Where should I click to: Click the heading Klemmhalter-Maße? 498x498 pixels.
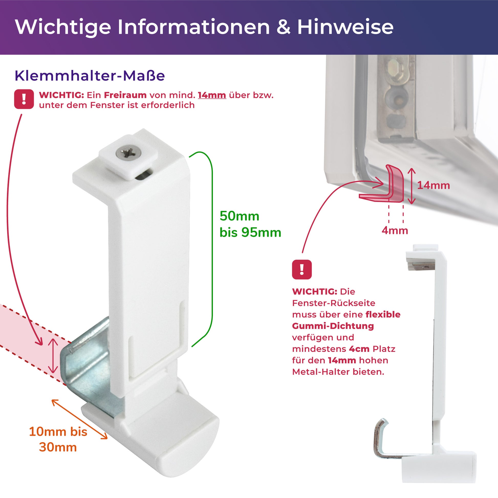click(x=90, y=75)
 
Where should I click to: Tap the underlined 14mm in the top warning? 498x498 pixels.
click(x=212, y=95)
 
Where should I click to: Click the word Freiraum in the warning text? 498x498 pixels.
click(x=125, y=95)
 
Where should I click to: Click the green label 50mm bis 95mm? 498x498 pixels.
click(x=250, y=224)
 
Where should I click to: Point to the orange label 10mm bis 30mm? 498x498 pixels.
click(x=58, y=439)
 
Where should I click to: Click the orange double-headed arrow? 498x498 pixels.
click(x=80, y=419)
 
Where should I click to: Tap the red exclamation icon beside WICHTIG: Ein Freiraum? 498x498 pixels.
click(x=24, y=99)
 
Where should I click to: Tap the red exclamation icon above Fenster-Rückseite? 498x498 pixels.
click(x=302, y=269)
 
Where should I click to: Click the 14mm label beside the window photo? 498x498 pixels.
click(x=434, y=185)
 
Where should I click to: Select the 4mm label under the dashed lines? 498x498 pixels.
click(x=395, y=230)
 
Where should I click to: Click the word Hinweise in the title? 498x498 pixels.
click(x=345, y=27)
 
